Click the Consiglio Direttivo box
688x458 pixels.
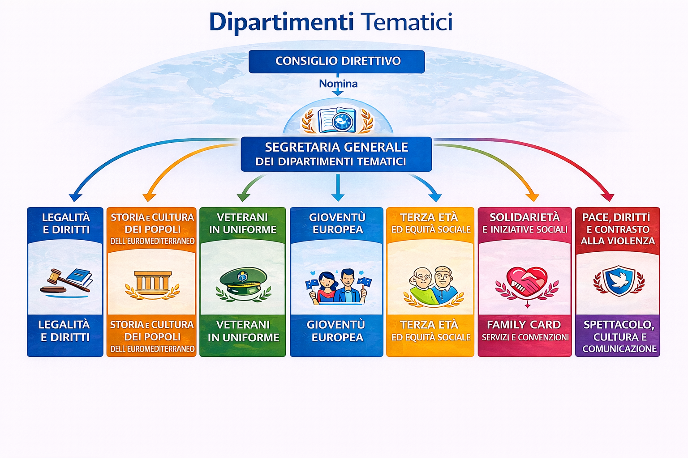click(337, 62)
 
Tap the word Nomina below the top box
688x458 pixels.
click(338, 84)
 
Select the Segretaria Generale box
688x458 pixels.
click(336, 154)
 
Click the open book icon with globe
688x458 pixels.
click(337, 120)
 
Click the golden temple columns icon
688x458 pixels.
click(153, 281)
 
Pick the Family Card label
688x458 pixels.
click(524, 325)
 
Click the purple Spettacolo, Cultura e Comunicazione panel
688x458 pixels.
click(618, 335)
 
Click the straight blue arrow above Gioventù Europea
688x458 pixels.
click(338, 187)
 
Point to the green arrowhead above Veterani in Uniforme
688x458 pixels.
click(243, 197)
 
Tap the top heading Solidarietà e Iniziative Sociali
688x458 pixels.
click(525, 223)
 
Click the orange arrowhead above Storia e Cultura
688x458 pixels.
click(149, 197)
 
